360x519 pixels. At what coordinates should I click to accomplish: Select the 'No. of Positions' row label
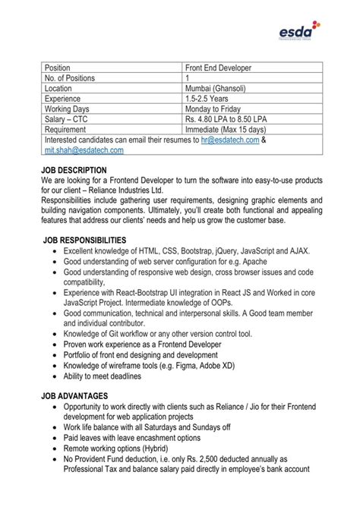pos(73,78)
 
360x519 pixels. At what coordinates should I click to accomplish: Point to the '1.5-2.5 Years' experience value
pos(207,99)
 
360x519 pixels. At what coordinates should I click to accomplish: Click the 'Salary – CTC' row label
pos(70,120)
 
